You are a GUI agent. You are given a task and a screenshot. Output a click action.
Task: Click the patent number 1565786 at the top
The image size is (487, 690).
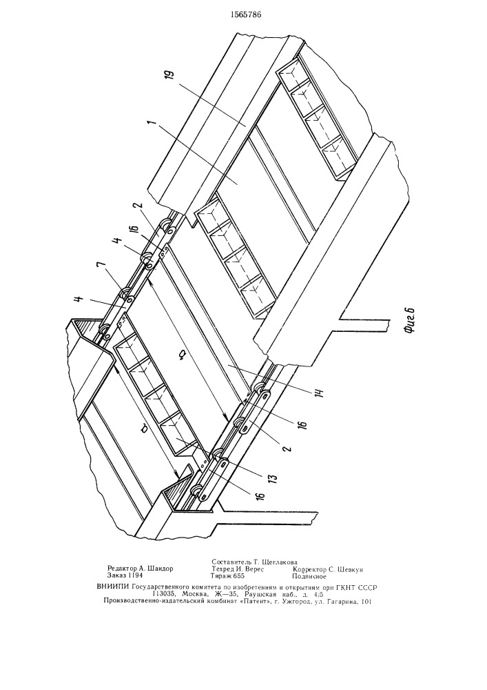(243, 13)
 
